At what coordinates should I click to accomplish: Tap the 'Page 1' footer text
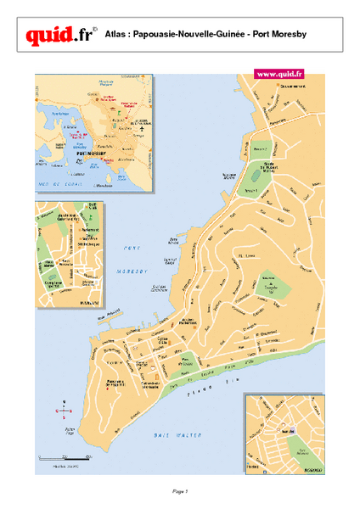(179, 490)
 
